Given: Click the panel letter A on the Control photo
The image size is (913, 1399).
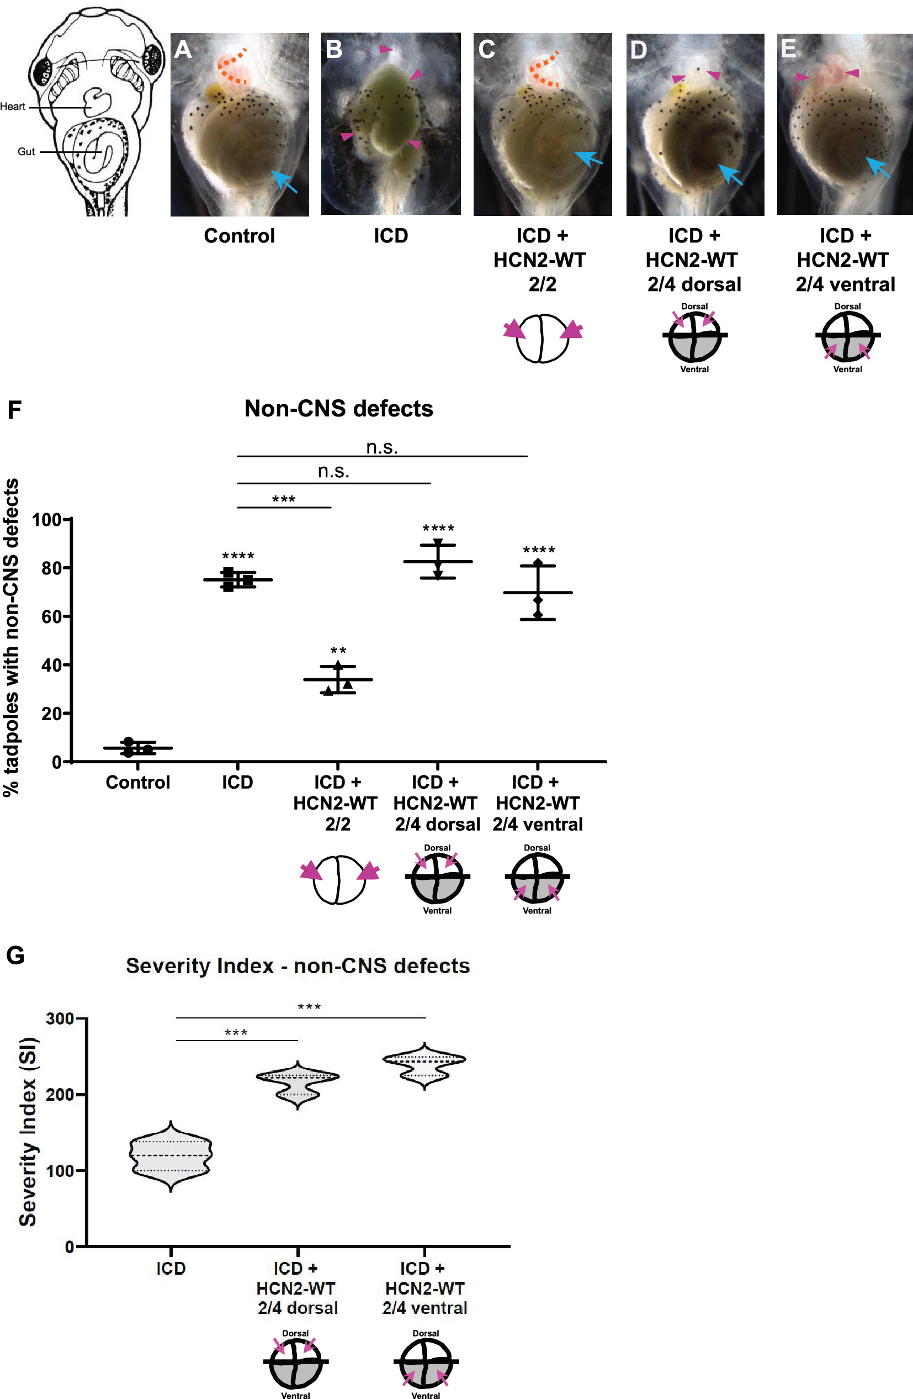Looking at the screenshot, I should click(183, 49).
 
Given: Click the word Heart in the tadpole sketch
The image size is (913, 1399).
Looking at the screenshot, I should click(13, 107).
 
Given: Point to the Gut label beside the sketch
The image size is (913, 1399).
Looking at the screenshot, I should click(26, 152).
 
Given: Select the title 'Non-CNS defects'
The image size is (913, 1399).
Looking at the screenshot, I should click(338, 409).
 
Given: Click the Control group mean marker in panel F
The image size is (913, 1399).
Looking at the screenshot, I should click(137, 748).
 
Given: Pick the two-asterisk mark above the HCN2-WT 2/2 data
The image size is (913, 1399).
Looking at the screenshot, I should click(338, 651).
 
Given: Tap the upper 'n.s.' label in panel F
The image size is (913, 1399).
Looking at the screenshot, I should click(382, 447).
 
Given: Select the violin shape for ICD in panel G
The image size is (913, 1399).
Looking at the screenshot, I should click(171, 1154).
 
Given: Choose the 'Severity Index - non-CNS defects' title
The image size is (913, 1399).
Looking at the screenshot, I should click(298, 966).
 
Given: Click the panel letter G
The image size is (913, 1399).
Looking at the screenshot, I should click(15, 955).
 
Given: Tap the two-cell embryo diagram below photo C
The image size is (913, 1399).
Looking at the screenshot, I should click(542, 338).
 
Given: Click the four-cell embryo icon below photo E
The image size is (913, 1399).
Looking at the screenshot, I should click(847, 337).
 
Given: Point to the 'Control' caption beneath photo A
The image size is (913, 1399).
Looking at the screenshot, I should click(239, 236).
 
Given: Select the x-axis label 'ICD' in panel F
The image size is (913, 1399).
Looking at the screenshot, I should click(237, 783).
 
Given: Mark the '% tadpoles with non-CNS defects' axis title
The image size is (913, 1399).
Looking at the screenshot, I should click(12, 637).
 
